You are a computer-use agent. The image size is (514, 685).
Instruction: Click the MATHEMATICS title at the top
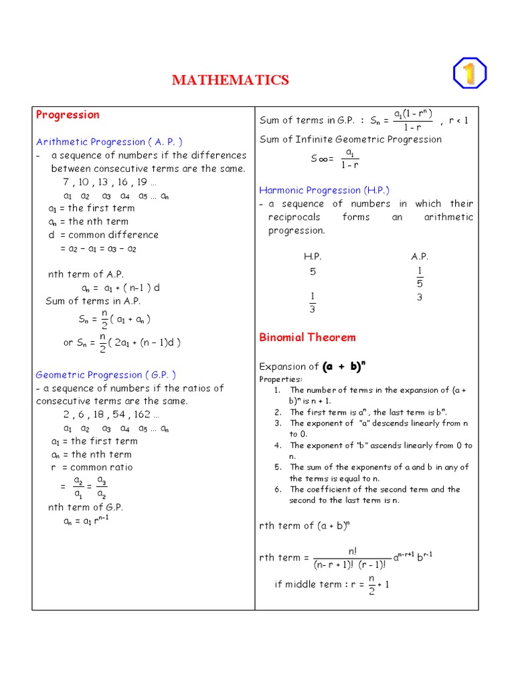230,80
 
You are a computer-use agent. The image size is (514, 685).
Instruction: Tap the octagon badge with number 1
469,74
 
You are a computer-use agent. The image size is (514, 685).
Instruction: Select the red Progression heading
67,114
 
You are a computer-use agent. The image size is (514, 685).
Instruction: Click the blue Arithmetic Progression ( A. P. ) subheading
109,142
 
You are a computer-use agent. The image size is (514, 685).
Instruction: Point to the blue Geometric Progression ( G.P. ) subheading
106,375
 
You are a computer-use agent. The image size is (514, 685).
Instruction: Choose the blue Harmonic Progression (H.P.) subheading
324,190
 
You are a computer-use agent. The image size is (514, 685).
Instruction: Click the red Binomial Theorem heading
307,337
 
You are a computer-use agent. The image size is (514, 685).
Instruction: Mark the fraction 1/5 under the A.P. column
420,277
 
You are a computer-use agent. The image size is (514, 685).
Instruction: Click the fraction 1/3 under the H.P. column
313,302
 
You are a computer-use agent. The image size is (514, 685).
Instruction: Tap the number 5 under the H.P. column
313,272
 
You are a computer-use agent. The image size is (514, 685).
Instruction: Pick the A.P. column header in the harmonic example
420,257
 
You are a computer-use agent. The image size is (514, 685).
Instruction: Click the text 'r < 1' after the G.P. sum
458,120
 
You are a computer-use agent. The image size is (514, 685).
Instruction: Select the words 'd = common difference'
103,235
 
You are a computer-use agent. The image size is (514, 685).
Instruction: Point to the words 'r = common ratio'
92,468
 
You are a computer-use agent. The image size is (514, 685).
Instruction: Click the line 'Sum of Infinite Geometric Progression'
351,139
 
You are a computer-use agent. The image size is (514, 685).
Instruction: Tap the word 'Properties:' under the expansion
280,379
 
